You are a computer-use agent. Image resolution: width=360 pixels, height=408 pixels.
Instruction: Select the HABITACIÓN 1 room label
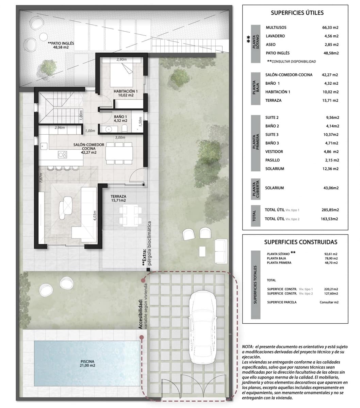coord(126,93)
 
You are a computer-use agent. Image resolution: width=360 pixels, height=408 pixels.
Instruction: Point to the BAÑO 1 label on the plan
coord(120,118)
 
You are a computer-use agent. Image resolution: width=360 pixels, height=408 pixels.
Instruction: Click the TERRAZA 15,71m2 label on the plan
coord(118,199)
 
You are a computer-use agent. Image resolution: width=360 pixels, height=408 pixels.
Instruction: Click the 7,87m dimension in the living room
coord(41,178)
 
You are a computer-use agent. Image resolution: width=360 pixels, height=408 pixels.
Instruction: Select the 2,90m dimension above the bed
coord(121,60)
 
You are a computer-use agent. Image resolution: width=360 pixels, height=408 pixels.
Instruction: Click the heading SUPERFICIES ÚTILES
coord(297,13)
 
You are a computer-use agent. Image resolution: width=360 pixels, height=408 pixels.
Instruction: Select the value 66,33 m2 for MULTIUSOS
coord(330,28)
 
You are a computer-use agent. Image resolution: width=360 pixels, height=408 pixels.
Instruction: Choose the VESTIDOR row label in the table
coord(274,152)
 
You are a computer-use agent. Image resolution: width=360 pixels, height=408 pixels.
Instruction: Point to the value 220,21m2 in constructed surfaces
coord(331,289)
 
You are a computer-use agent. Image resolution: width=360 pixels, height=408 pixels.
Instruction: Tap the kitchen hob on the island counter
coord(62,154)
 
